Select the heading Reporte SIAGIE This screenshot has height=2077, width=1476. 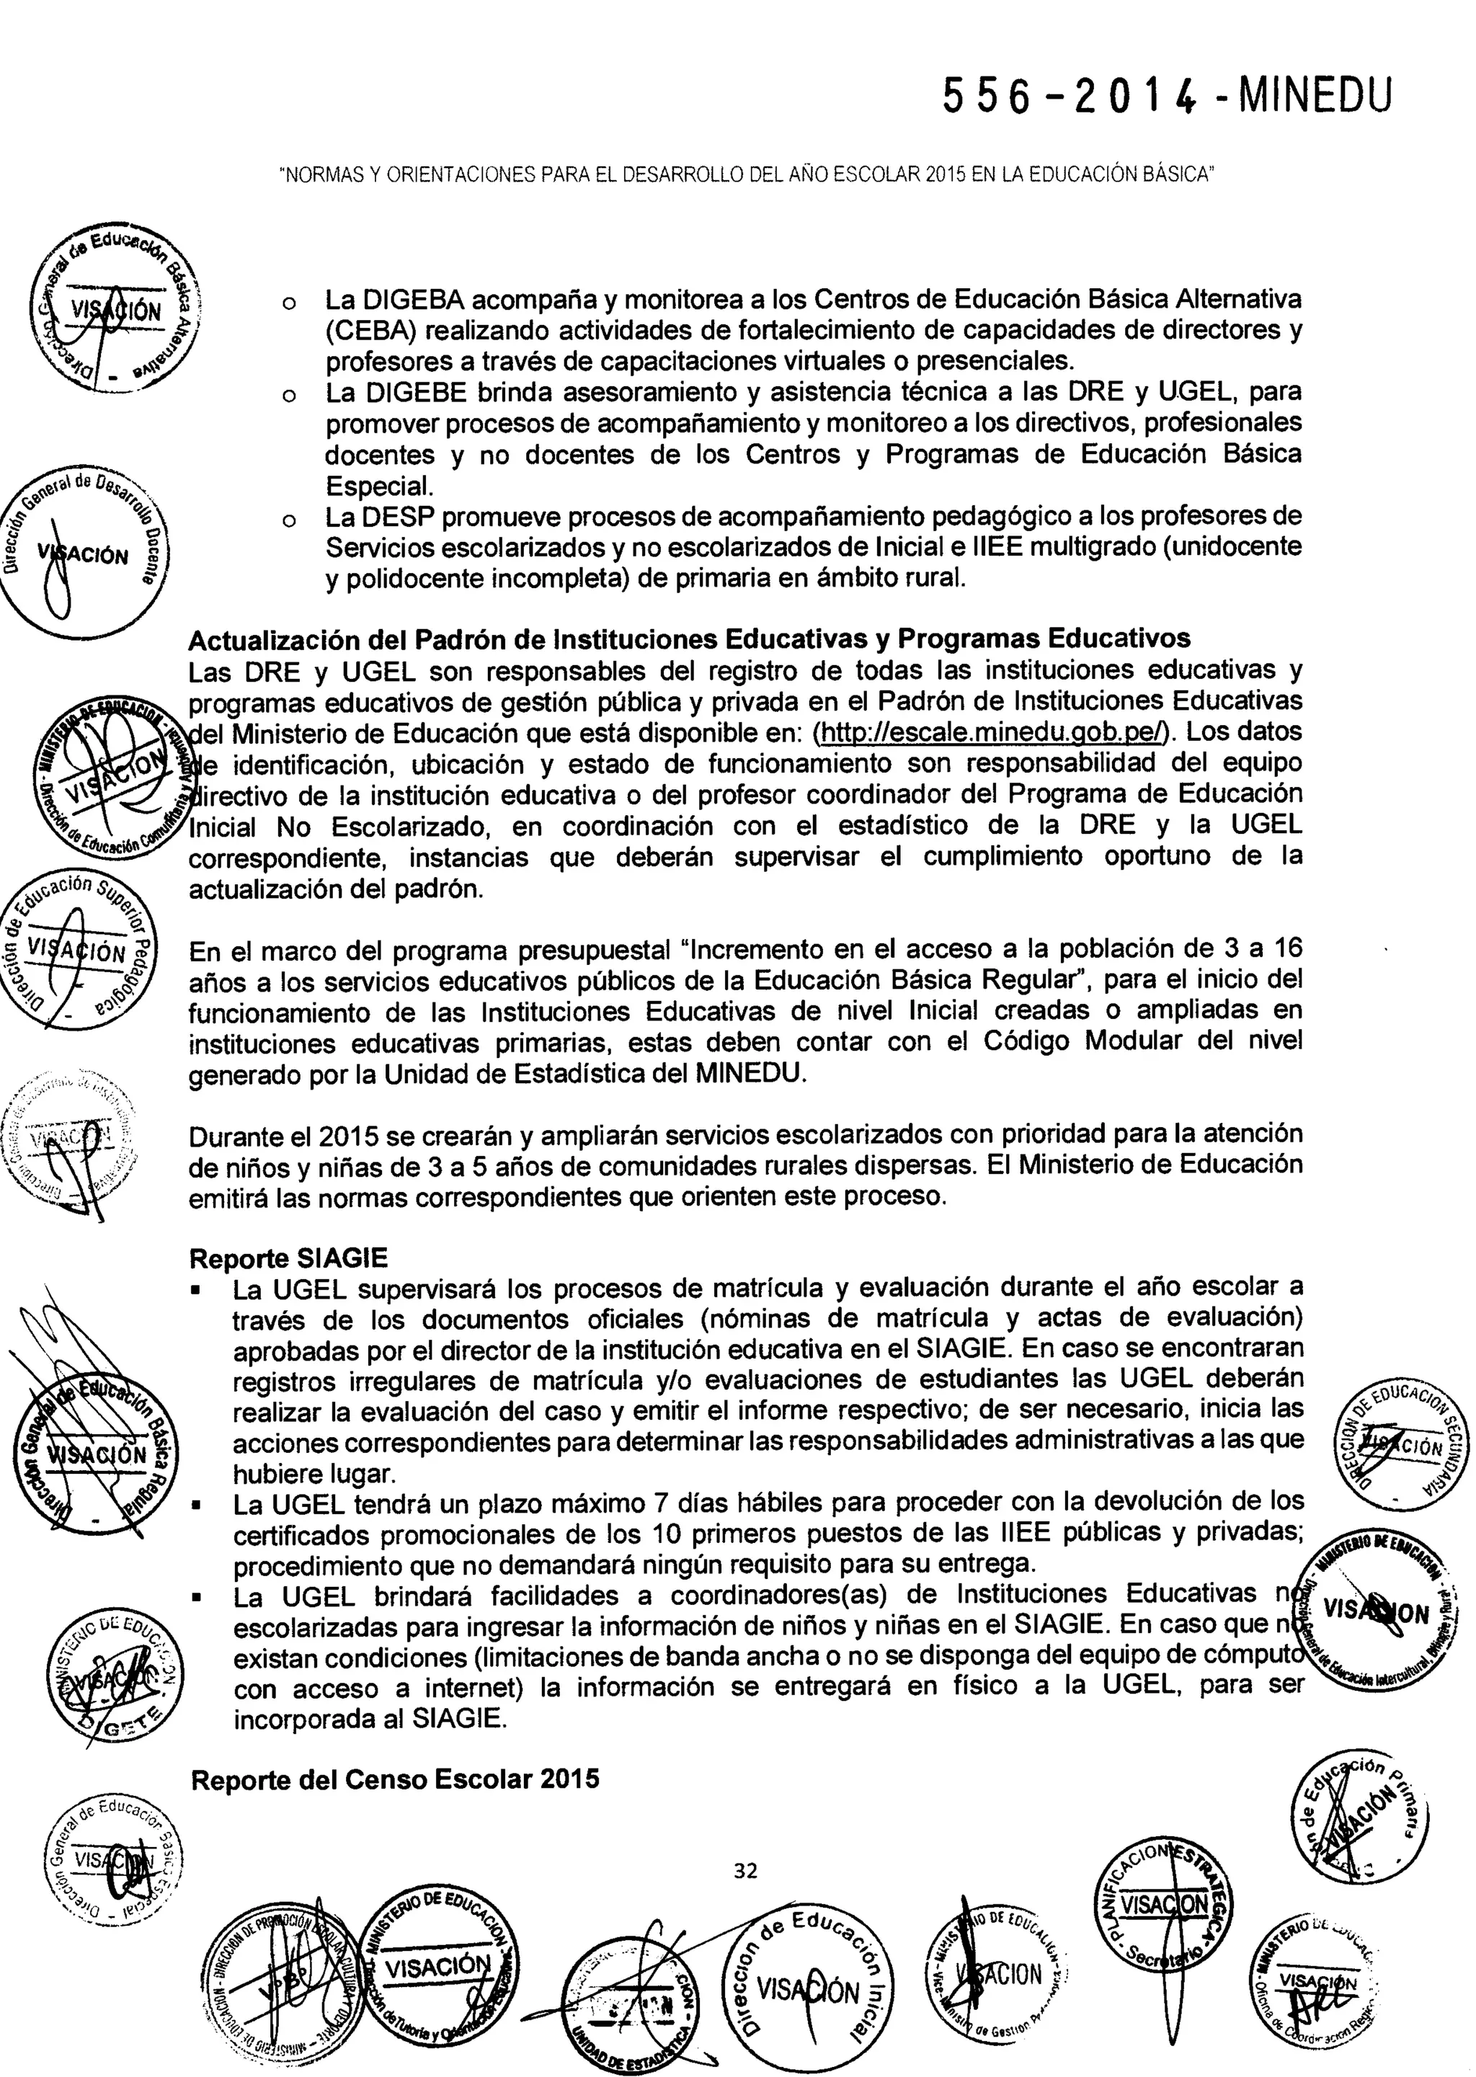pos(288,1258)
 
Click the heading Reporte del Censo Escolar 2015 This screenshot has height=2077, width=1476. pos(396,1778)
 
